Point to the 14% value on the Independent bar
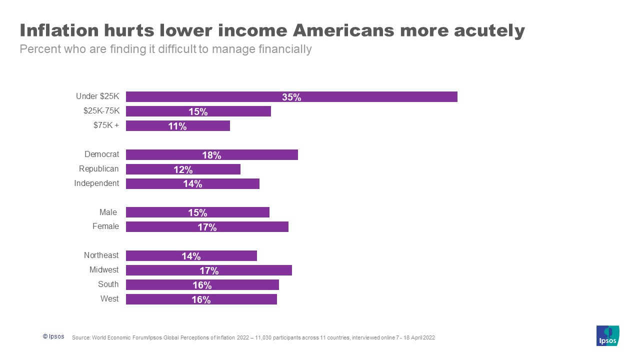coord(192,184)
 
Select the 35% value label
coord(291,97)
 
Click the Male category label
coord(108,212)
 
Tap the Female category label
coord(105,226)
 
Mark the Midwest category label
coord(104,270)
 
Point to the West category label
coord(109,299)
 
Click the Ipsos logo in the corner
coord(607,335)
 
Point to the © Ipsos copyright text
coord(53,336)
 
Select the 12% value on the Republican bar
coord(183,169)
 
